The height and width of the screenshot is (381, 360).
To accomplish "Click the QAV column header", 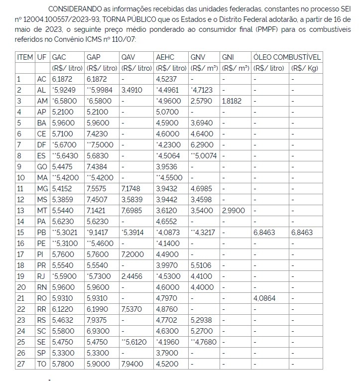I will (128, 57).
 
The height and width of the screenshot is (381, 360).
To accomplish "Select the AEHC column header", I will (165, 57).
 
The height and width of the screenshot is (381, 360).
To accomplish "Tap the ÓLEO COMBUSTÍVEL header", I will (287, 57).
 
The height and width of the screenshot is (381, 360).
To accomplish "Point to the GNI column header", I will (228, 57).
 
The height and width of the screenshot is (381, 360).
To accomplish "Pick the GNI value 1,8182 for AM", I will (233, 101).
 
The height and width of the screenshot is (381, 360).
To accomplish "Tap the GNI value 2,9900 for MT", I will (234, 210).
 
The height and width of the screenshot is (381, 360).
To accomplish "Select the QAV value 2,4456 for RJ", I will (132, 276).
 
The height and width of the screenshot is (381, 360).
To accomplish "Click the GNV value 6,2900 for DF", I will (202, 144).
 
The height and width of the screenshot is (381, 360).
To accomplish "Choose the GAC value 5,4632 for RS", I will (63, 320).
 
